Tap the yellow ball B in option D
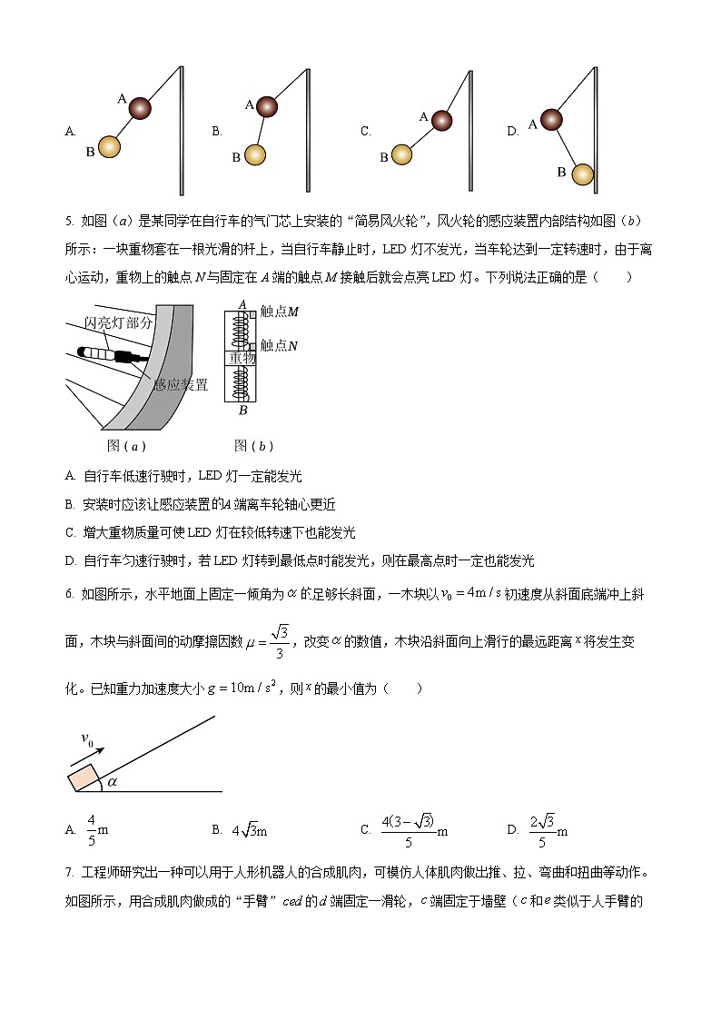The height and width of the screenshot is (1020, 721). (x=582, y=173)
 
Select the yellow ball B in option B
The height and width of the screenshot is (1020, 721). (x=255, y=155)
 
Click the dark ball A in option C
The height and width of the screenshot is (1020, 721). (x=441, y=121)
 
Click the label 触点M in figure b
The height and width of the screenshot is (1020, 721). (x=280, y=312)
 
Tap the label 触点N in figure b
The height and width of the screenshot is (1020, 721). (x=280, y=345)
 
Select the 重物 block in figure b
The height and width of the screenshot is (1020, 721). (x=242, y=359)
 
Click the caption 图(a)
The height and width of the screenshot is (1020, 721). (x=126, y=446)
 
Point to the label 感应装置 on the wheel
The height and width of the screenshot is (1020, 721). (x=181, y=385)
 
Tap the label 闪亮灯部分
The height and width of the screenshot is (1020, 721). (x=118, y=322)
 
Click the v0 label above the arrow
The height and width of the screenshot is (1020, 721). (x=88, y=740)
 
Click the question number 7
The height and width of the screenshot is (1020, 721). (x=69, y=874)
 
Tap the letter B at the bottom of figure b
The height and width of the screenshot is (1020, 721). (x=242, y=411)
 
